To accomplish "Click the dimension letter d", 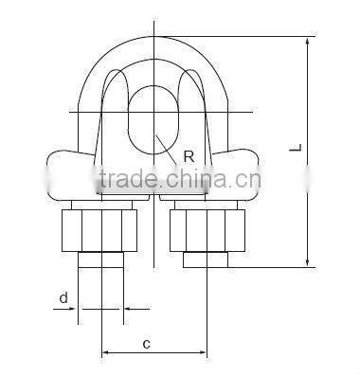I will [63, 298].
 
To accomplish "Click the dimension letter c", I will [147, 344].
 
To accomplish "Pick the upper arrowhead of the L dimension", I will [309, 42].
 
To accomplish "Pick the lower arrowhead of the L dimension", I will [309, 264].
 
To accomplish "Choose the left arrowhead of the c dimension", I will [105, 355].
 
